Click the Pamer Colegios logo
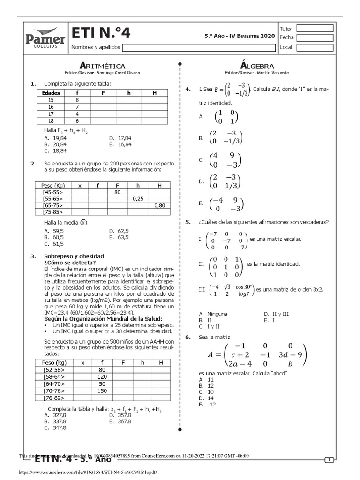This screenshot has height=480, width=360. coord(45,37)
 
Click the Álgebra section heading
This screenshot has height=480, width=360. coord(256,66)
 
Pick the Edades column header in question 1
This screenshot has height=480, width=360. coord(51,93)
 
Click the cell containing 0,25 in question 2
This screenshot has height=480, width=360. coord(138,199)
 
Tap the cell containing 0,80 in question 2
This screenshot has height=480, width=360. coord(159,205)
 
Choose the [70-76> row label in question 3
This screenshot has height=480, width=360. coord(53,390)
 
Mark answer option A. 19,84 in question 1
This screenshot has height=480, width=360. coord(55,138)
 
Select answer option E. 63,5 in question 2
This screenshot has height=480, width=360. coord(120,237)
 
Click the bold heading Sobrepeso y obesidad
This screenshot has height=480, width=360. coord(74,256)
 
